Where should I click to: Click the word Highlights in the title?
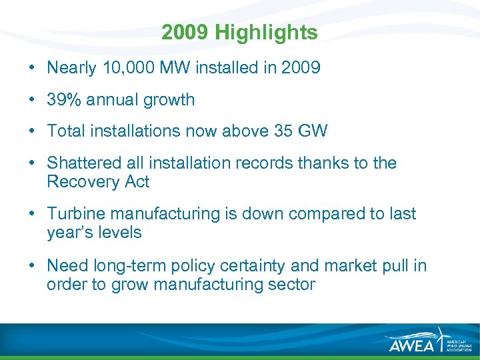coord(277,32)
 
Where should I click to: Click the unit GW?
coord(313,131)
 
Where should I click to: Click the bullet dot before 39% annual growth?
coord(32,101)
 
